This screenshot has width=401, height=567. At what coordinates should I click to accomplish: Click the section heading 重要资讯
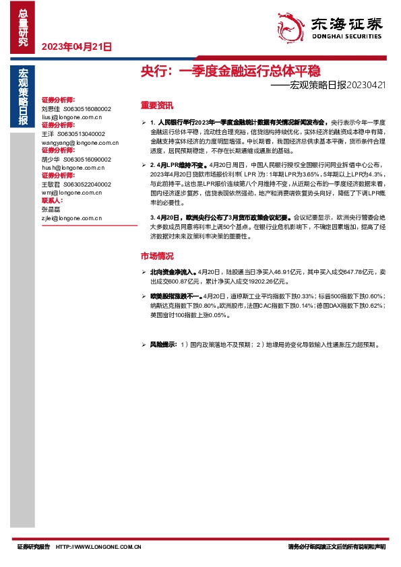point(156,105)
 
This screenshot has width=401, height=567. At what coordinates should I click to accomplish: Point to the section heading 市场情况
point(156,256)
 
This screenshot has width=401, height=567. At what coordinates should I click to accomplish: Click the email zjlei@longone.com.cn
point(71,218)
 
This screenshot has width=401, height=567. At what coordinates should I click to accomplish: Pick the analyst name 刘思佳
point(51,108)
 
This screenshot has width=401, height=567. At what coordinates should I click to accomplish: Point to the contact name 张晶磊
point(51,209)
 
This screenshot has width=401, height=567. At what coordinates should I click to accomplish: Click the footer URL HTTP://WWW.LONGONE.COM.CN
point(98,547)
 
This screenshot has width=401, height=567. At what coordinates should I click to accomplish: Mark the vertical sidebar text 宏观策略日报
point(24,97)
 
